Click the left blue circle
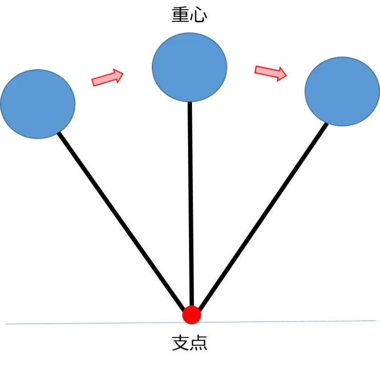(x=38, y=104)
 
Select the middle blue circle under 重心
(x=190, y=67)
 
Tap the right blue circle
(x=342, y=92)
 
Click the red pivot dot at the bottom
(x=191, y=315)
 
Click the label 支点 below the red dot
(x=190, y=343)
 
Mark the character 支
(x=181, y=343)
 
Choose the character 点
(x=198, y=343)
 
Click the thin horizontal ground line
(x=74, y=323)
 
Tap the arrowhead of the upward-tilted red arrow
(x=118, y=75)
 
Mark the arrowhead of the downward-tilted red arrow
(x=281, y=74)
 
